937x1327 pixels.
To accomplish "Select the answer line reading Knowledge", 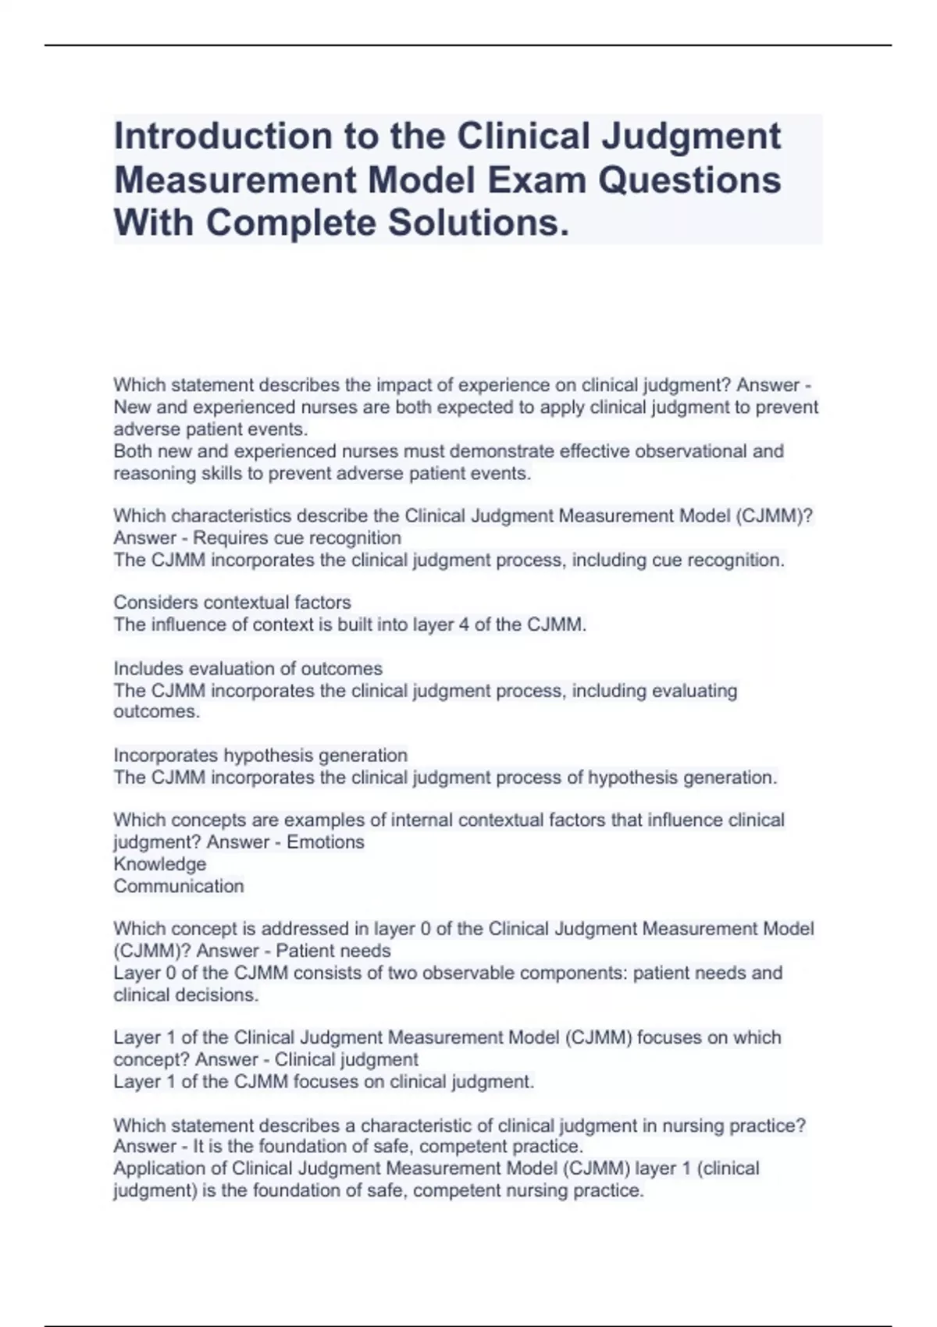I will click(x=160, y=864).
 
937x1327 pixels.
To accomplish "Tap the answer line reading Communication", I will click(x=179, y=886).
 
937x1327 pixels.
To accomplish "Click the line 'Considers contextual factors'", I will click(x=232, y=603).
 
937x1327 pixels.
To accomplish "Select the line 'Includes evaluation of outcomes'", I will click(x=248, y=669).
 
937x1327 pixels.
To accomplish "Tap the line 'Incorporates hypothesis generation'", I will click(x=260, y=756).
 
